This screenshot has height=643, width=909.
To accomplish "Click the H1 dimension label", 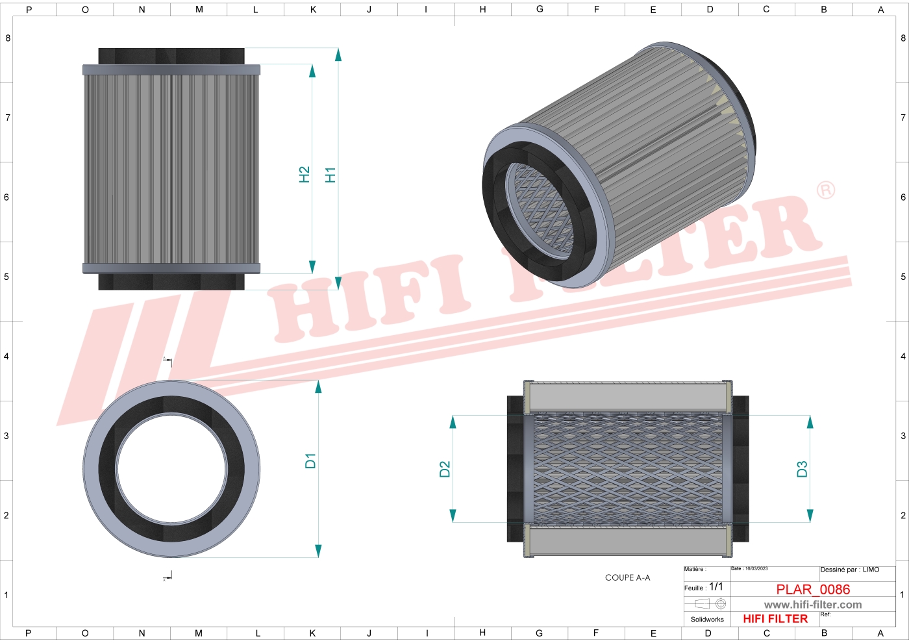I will (x=330, y=175).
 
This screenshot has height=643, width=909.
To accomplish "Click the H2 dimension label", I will (x=304, y=175).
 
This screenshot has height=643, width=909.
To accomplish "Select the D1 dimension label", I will (x=310, y=461).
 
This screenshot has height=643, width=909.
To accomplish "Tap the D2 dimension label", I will (x=445, y=469).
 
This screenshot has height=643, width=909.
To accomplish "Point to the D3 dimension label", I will (x=802, y=469).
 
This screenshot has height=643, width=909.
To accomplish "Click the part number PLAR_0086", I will (x=813, y=589).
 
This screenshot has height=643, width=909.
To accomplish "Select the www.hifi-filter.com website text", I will (x=813, y=605).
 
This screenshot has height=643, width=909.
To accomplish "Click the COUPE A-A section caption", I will (x=627, y=577).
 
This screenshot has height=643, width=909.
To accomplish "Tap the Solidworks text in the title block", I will (x=707, y=620).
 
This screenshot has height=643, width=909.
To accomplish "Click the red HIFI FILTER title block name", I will (x=775, y=619).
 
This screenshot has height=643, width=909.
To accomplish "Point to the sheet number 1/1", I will (x=716, y=586).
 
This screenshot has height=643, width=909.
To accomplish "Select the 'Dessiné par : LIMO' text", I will (x=849, y=570).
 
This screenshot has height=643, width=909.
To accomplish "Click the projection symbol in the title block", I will (x=710, y=604).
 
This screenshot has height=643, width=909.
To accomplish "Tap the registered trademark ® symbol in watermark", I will (x=825, y=190).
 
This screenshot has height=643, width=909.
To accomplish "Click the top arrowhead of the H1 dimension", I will (x=338, y=54).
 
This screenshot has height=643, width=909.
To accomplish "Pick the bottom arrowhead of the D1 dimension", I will (x=318, y=551).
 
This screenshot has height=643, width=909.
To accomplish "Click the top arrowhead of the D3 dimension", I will (x=810, y=422).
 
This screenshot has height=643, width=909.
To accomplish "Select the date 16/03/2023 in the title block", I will (x=756, y=569).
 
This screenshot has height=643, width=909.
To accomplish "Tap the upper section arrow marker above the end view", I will (x=168, y=360).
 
